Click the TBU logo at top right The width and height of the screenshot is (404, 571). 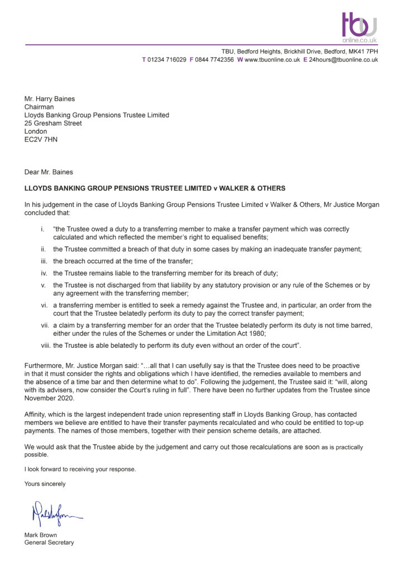[x=359, y=27]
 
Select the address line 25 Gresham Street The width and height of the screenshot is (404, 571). [x=53, y=123]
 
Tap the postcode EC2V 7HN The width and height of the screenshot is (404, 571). [x=41, y=139]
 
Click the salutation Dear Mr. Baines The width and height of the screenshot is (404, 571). [x=49, y=172]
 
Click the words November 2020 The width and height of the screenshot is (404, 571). [x=49, y=398]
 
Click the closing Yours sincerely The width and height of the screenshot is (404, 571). [x=45, y=484]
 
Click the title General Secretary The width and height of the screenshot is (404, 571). [x=49, y=543]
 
